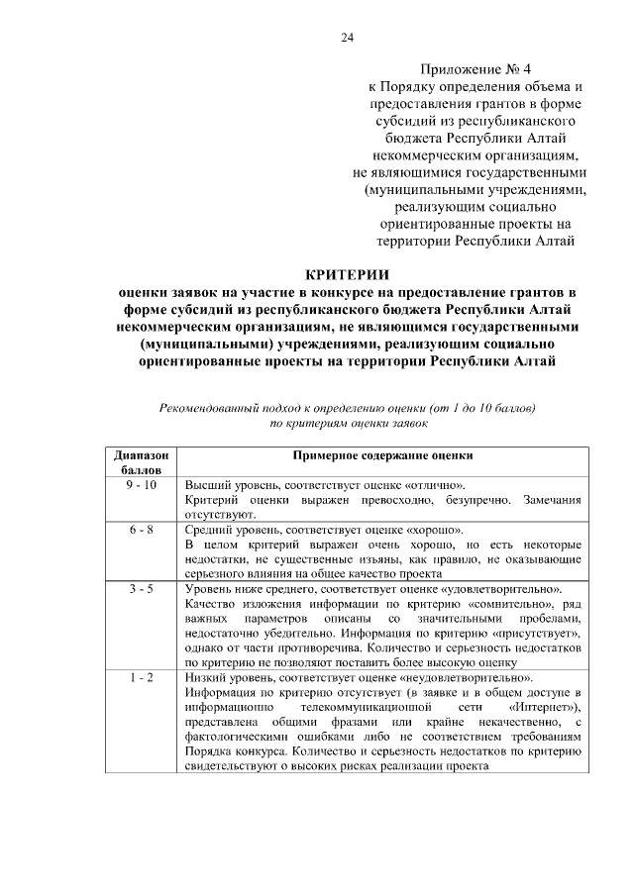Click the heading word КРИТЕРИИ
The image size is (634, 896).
(x=347, y=273)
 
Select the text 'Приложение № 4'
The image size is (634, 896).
(x=475, y=69)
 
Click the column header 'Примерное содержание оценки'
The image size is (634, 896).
(x=383, y=456)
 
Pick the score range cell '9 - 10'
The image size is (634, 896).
(x=141, y=485)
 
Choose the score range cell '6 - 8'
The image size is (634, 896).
(x=141, y=529)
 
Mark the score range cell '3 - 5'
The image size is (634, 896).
(x=141, y=588)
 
